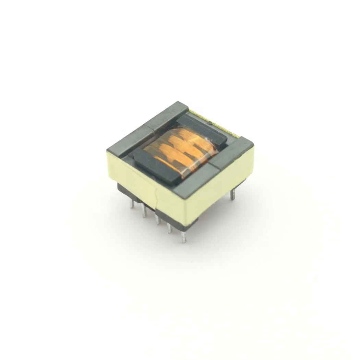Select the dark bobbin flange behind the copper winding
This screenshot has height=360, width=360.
(x=202, y=129)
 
